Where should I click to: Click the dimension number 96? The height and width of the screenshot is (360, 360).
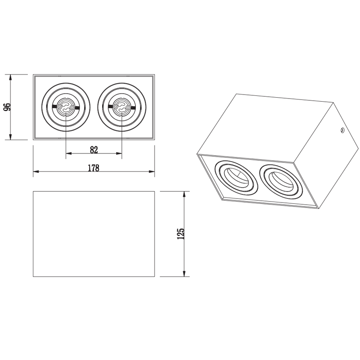(x=8, y=107)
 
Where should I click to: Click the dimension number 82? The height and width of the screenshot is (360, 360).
(x=94, y=150)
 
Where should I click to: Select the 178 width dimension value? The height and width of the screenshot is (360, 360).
(x=94, y=168)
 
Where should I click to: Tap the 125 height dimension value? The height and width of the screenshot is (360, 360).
(x=181, y=234)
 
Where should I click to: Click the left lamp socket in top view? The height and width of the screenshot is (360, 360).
(x=66, y=107)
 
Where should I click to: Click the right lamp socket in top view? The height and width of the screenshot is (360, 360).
(x=121, y=107)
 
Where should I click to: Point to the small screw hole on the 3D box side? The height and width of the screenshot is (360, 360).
(x=342, y=130)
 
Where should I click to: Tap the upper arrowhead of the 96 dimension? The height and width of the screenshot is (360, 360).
(x=10, y=77)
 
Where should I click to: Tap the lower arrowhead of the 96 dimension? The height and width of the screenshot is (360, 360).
(x=10, y=137)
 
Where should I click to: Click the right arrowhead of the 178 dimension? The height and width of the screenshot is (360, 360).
(x=152, y=171)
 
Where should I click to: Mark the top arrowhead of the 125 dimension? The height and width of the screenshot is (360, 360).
(x=184, y=194)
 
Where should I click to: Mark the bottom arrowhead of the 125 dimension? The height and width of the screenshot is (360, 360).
(x=184, y=274)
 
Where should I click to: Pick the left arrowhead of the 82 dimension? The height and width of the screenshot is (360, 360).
(x=69, y=153)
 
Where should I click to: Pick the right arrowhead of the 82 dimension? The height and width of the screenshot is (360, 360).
(x=119, y=153)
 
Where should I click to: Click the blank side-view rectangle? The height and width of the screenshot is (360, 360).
(x=94, y=234)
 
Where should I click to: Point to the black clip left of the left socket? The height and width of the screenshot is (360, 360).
(x=55, y=106)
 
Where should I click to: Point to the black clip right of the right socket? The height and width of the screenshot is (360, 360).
(x=133, y=107)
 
